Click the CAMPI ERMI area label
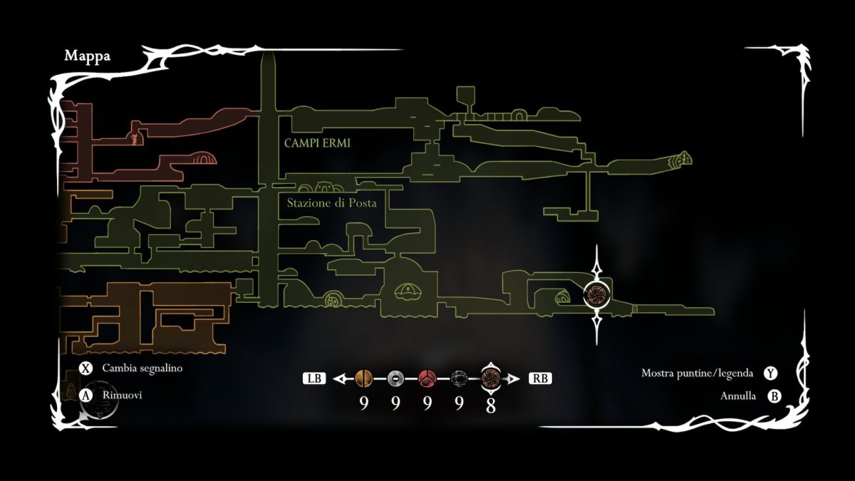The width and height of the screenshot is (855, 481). [x=317, y=143]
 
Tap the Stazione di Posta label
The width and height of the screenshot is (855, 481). [x=331, y=203]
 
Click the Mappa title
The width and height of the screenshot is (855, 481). [x=87, y=56]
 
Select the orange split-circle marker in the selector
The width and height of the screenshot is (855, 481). [x=363, y=378]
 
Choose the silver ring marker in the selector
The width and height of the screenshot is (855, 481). [x=395, y=378]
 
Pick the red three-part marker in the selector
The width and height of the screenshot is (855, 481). [x=427, y=378]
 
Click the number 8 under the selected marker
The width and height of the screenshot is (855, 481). [x=491, y=405]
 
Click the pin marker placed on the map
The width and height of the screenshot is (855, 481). [x=596, y=293]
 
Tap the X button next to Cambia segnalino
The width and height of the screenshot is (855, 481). [x=87, y=369]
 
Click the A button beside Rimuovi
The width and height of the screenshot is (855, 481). [x=87, y=395]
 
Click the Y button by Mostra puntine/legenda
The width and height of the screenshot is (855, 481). [x=769, y=373]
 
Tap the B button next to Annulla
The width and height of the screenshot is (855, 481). [x=774, y=396]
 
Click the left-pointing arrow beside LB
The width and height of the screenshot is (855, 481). [x=343, y=378]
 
